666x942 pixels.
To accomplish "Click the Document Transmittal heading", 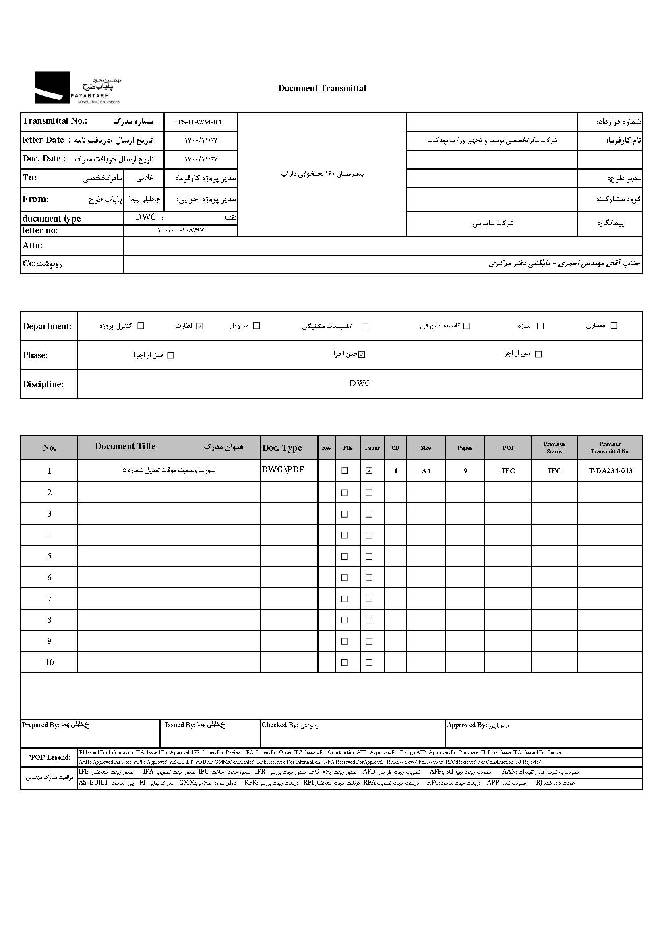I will pyautogui.click(x=322, y=88).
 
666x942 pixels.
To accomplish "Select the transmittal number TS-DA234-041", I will pyautogui.click(x=201, y=122).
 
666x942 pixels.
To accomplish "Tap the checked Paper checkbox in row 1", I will pyautogui.click(x=369, y=470).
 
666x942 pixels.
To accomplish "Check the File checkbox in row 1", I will pyautogui.click(x=345, y=470).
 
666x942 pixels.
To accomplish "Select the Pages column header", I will pyautogui.click(x=465, y=448).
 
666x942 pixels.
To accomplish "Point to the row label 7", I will pyautogui.click(x=49, y=599).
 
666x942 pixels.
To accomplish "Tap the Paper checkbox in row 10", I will pyautogui.click(x=369, y=663).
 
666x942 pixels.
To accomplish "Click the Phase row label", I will pyautogui.click(x=35, y=355).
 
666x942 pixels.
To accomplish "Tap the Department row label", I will pyautogui.click(x=47, y=326).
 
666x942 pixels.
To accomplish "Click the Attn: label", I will pyautogui.click(x=33, y=246).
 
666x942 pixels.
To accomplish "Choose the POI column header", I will pyautogui.click(x=508, y=448).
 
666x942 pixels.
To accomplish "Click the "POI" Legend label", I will pyautogui.click(x=49, y=758).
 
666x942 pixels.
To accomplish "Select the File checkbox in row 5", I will pyautogui.click(x=345, y=557).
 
